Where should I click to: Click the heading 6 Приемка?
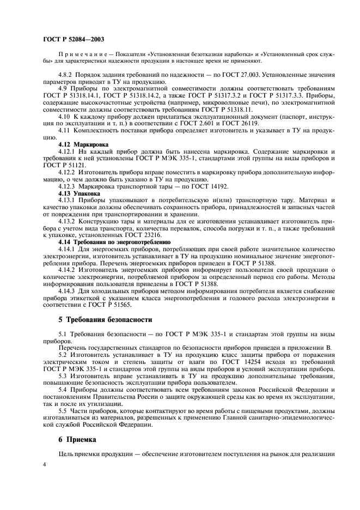82,439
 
